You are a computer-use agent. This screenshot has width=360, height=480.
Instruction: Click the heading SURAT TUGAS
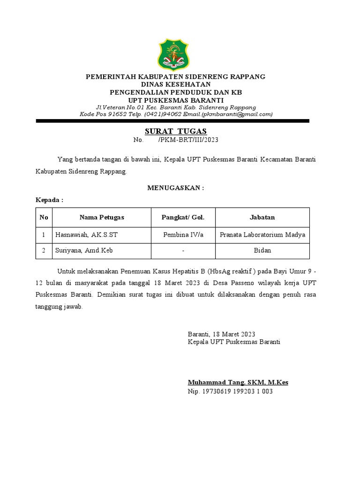point(175,131)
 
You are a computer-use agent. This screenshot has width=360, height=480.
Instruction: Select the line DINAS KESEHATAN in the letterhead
point(175,84)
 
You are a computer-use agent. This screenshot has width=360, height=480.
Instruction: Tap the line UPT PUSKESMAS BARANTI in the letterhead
point(176,100)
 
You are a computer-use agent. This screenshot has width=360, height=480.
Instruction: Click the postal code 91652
point(119,114)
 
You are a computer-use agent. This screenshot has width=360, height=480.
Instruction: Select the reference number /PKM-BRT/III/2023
point(188,140)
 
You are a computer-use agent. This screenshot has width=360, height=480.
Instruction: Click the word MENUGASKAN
point(176,188)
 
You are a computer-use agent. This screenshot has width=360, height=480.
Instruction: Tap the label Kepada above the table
point(49,200)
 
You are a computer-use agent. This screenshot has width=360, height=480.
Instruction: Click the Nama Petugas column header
point(102,217)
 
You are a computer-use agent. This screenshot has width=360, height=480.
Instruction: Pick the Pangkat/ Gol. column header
point(183,217)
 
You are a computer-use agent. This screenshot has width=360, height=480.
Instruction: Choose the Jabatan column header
point(262,217)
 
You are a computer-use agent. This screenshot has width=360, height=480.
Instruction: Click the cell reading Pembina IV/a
point(183,235)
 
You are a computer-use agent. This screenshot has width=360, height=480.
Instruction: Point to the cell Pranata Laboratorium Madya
point(262,235)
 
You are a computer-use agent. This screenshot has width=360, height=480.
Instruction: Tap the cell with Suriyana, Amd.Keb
point(84,251)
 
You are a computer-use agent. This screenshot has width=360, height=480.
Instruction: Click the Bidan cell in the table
point(262,251)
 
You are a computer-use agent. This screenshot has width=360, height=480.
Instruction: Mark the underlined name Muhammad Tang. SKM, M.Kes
point(238,382)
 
